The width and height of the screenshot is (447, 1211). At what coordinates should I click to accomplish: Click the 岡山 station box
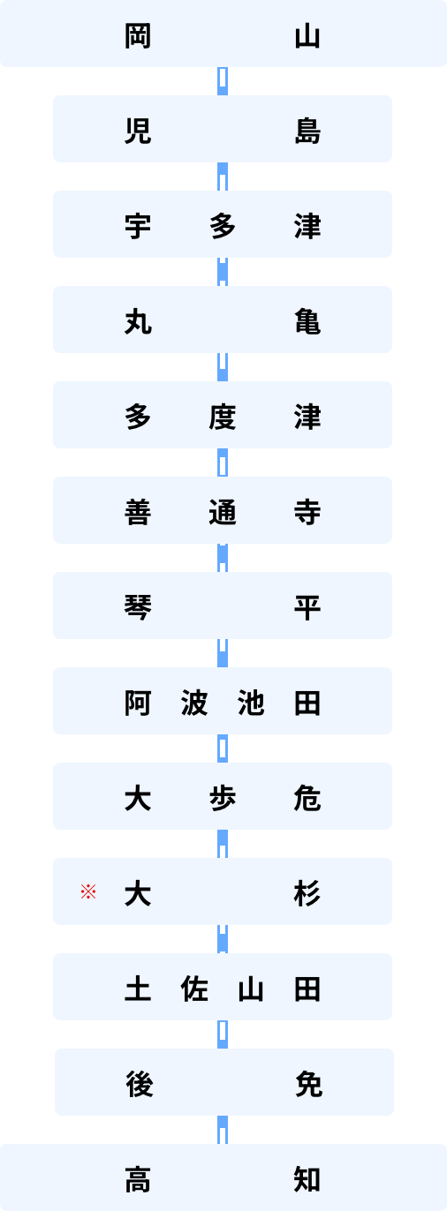coord(223,34)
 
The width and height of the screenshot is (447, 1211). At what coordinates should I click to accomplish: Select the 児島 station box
coord(223,129)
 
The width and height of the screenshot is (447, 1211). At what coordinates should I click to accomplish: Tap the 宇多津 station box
coord(223,224)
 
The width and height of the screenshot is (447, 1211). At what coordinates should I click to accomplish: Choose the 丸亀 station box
coord(223,320)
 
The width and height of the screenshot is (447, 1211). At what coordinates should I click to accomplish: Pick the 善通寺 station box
coord(223,510)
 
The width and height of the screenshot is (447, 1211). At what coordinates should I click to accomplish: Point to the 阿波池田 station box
coord(223,701)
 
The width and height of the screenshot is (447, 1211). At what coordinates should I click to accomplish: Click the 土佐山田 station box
coord(223,987)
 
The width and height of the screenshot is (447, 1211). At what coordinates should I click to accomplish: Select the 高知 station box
coord(223,1177)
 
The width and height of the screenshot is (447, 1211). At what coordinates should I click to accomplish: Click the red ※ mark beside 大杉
coord(88,891)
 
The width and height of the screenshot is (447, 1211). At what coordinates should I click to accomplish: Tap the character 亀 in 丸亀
coord(307,321)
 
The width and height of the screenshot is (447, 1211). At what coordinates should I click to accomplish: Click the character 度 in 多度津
coord(223,417)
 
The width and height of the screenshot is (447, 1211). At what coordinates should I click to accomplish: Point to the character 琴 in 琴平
coord(138,607)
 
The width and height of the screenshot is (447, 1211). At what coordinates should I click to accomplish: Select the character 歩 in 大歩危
coord(223,799)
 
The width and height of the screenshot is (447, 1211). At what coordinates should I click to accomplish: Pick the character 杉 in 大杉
coord(307,893)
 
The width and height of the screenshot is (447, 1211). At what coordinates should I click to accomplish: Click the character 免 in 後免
coord(309,1085)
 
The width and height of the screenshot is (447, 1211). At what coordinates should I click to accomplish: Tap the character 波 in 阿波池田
coord(194,703)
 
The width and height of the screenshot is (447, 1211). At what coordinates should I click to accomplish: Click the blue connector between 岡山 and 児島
coord(223,81)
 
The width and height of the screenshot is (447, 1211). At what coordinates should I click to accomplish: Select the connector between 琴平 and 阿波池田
coord(223,653)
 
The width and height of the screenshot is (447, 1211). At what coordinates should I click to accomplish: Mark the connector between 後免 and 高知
coord(223,1130)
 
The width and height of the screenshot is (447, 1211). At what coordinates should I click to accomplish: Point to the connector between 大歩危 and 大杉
coord(223,844)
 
